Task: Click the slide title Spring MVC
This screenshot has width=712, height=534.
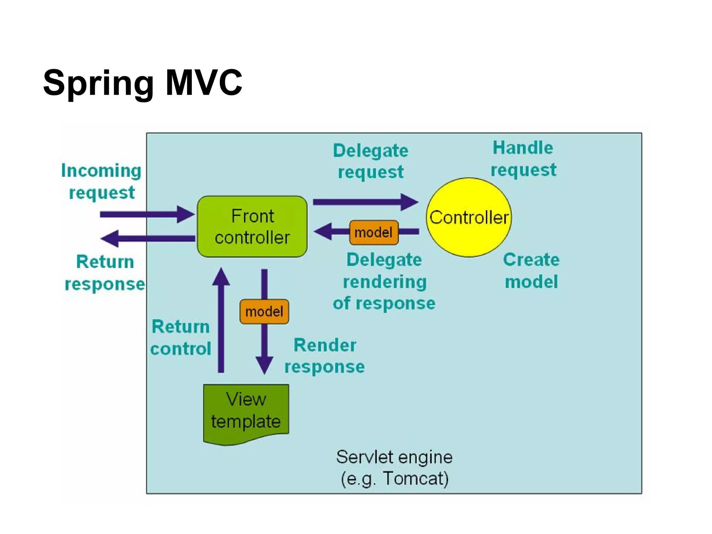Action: [x=143, y=83]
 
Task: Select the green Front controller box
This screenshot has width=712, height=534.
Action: [x=252, y=227]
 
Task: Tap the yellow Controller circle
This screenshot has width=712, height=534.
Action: [x=469, y=218]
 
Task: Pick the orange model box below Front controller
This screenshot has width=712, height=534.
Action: [x=264, y=311]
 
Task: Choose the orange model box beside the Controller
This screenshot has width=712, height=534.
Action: [x=374, y=232]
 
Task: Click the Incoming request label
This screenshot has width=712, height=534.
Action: [x=101, y=181]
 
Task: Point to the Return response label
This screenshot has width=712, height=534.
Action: [x=105, y=273]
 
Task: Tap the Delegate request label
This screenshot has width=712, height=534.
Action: [x=371, y=161]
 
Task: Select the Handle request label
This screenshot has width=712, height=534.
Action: [x=523, y=159]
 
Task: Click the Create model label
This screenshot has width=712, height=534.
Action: [x=531, y=270]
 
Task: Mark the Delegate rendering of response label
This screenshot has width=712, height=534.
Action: [x=384, y=281]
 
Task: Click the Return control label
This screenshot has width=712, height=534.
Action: [x=181, y=337]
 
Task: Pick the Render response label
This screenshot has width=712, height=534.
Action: [x=325, y=356]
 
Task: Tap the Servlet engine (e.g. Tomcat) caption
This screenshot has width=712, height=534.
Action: [x=394, y=468]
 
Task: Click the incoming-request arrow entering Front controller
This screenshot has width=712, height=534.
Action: [x=146, y=214]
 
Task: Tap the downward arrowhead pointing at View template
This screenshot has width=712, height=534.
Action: [x=265, y=365]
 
